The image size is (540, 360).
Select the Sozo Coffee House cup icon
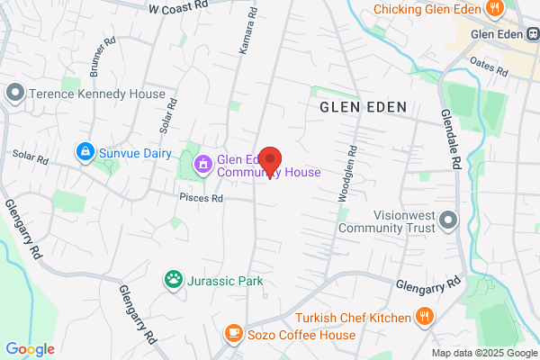[x=234, y=335]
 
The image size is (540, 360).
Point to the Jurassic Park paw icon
[x=173, y=281]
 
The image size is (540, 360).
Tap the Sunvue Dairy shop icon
[x=85, y=152]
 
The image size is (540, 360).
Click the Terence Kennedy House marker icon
[x=14, y=94]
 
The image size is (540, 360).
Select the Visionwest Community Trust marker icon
[x=449, y=220]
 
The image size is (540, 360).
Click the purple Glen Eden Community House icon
[x=203, y=164]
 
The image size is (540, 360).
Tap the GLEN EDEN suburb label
[x=364, y=107]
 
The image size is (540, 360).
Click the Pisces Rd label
[x=201, y=197]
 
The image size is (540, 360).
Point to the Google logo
[x=30, y=349]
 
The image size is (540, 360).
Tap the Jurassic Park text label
[x=226, y=281]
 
